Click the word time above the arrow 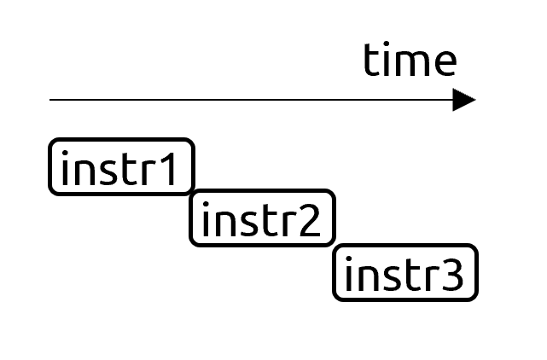410,60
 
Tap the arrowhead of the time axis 464,100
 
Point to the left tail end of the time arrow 49,100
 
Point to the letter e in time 445,63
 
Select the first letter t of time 371,61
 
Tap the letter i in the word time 387,59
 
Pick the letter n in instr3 367,278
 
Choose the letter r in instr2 290,224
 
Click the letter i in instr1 65,168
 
